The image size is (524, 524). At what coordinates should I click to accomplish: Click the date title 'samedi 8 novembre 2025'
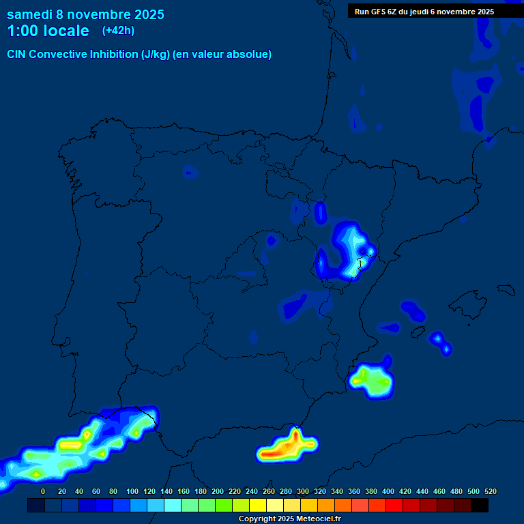85,14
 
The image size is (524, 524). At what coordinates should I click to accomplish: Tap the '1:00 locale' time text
48,31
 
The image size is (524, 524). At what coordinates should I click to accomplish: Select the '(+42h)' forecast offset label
118,30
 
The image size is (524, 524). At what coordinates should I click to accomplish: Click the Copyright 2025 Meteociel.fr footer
289,519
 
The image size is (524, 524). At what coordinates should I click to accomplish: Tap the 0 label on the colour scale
43,491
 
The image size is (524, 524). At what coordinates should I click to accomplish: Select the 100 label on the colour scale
132,491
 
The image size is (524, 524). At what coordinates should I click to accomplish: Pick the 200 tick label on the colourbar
218,491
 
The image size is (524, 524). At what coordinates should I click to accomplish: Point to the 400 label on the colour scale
388,491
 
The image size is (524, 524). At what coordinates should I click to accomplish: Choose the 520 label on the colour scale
490,491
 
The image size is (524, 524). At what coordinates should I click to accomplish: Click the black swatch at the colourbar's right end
480,505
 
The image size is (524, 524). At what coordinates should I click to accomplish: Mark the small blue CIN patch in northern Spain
190,171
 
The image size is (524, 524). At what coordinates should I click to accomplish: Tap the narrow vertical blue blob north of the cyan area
321,213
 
